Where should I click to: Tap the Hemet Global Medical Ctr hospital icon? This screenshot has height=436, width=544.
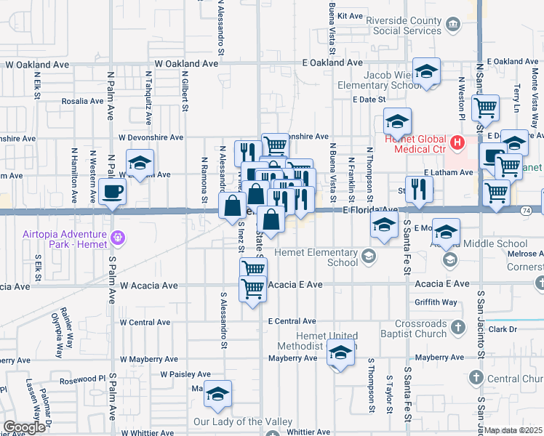pyautogui.click(x=457, y=141)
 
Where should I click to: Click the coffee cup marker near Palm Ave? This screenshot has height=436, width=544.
pyautogui.click(x=113, y=192)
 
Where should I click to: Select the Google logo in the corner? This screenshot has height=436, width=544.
pyautogui.click(x=24, y=427)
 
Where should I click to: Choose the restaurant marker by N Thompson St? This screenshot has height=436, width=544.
pyautogui.click(x=420, y=189)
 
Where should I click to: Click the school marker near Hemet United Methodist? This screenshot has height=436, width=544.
pyautogui.click(x=340, y=354)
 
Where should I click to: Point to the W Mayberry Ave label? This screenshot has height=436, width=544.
pyautogui.click(x=149, y=359)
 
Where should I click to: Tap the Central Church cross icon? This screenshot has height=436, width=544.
pyautogui.click(x=476, y=378)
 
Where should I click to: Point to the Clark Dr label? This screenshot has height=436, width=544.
pyautogui.click(x=503, y=329)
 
